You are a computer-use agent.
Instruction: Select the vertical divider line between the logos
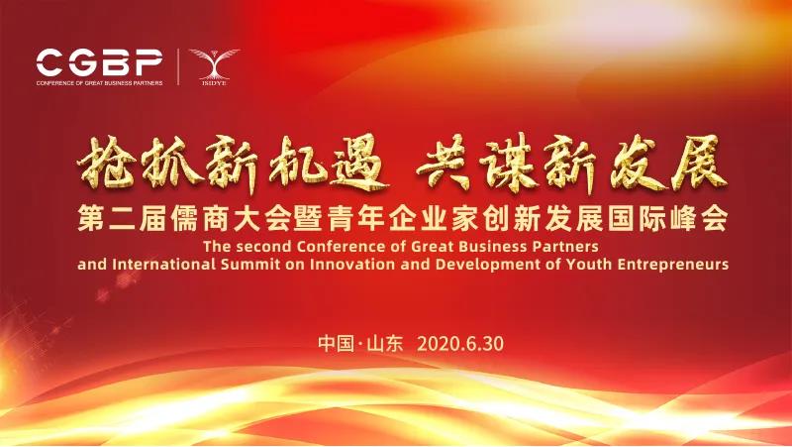coord(177,66)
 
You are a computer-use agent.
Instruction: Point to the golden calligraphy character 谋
coord(515,166)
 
